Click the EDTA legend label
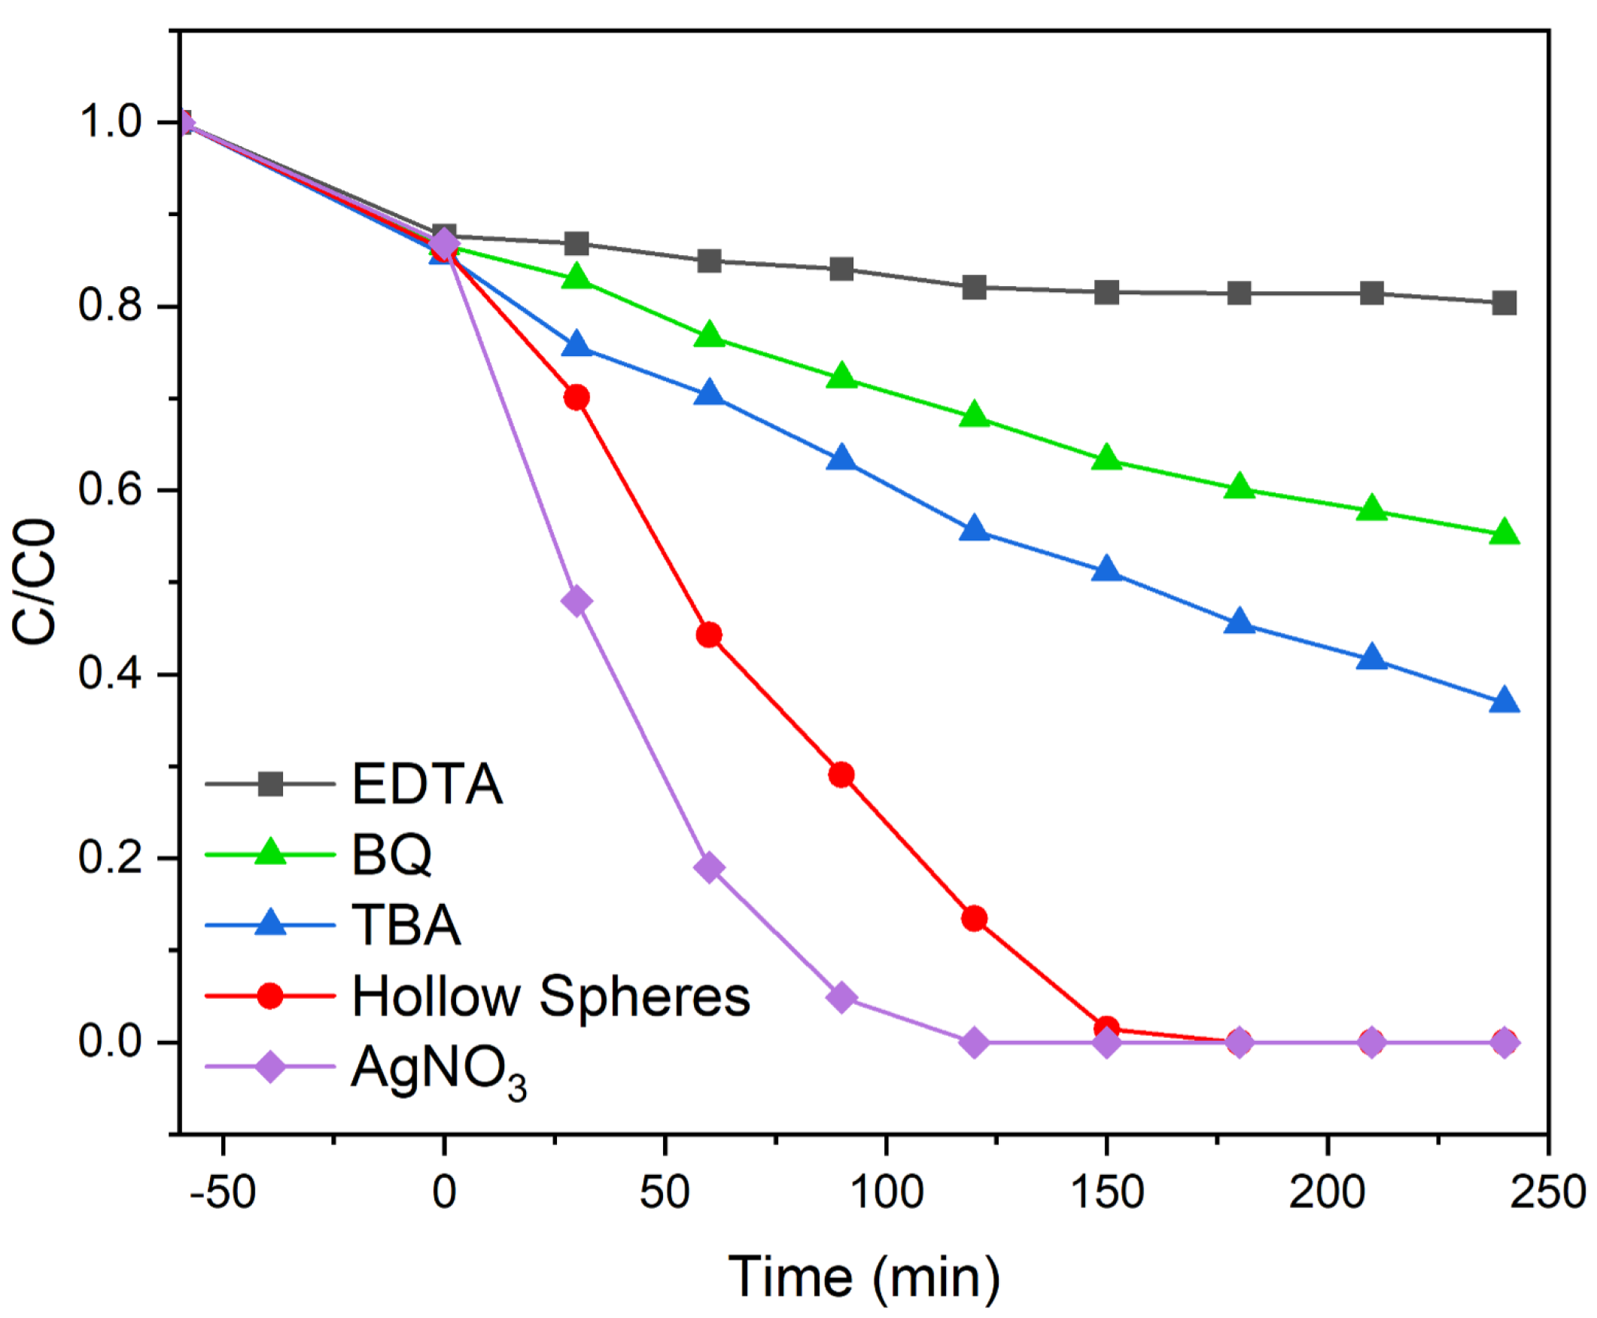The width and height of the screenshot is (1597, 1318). (427, 784)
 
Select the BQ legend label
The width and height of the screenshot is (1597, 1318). (391, 854)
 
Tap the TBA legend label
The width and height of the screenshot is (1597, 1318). (406, 925)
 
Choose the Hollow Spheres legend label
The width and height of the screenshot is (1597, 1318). (550, 995)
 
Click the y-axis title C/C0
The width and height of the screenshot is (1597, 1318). (35, 582)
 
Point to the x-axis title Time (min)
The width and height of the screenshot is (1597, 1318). (864, 1277)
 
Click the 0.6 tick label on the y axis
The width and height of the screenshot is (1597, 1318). (110, 490)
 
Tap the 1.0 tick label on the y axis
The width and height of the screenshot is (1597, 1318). (110, 121)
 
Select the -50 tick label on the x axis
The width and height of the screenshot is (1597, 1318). (223, 1192)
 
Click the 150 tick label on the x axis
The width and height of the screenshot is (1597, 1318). (1106, 1192)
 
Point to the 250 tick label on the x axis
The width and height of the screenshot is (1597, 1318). (1547, 1192)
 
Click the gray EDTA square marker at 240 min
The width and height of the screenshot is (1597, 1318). (1504, 303)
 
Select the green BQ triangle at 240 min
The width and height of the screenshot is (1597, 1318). (1504, 533)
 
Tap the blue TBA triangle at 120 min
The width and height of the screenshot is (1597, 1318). (974, 529)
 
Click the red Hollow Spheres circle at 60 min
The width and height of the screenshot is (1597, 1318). (709, 635)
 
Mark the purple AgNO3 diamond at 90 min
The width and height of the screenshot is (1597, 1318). (841, 997)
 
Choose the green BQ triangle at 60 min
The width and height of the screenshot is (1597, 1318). (709, 335)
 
